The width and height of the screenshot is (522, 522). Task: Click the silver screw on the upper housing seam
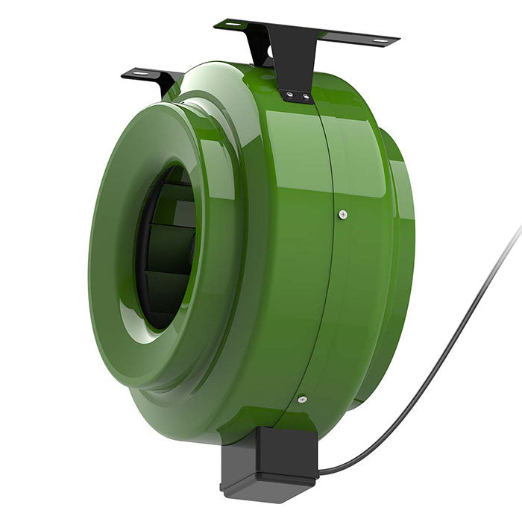(x=342, y=215)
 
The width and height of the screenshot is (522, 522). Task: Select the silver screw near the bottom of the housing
(x=301, y=399)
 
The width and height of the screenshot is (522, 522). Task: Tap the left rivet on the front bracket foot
(x=288, y=95)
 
